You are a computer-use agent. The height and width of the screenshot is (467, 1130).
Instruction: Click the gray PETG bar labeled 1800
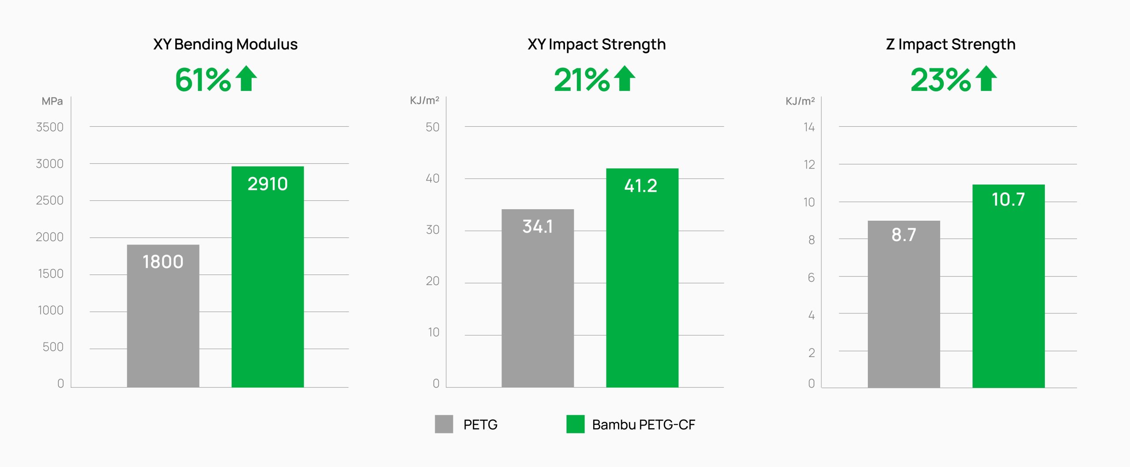(x=163, y=316)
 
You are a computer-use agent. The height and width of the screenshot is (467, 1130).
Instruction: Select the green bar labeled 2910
(x=267, y=277)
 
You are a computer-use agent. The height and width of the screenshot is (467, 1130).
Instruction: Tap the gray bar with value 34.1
(x=537, y=298)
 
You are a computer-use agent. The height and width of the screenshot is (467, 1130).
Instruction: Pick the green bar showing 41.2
(x=642, y=278)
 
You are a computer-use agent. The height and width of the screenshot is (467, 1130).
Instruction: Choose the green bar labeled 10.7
(x=1008, y=286)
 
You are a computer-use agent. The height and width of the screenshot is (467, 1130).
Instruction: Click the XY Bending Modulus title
(x=225, y=44)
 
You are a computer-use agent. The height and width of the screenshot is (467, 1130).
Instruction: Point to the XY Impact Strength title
(x=596, y=44)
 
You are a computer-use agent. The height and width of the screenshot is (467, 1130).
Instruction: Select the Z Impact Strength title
(x=950, y=44)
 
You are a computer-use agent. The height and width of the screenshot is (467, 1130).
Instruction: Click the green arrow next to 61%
(x=246, y=79)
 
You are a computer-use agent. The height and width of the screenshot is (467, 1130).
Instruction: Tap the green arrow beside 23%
(x=987, y=79)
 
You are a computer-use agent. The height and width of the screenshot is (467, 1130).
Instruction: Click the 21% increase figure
(x=581, y=80)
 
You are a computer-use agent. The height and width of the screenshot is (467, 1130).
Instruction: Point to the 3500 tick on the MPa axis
(x=50, y=127)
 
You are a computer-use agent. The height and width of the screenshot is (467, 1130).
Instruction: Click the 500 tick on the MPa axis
(x=53, y=347)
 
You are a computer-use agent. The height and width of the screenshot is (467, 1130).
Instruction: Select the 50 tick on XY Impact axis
(x=433, y=127)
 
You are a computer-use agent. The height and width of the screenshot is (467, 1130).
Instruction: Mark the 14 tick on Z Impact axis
(x=809, y=127)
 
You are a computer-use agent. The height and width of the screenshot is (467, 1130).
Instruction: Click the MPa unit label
(x=52, y=101)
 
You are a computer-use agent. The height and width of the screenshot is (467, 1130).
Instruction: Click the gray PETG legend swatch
(x=444, y=424)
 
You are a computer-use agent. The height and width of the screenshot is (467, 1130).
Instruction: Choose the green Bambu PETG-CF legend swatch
(x=575, y=424)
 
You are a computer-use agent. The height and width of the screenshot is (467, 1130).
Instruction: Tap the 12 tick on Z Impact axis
(x=809, y=165)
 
